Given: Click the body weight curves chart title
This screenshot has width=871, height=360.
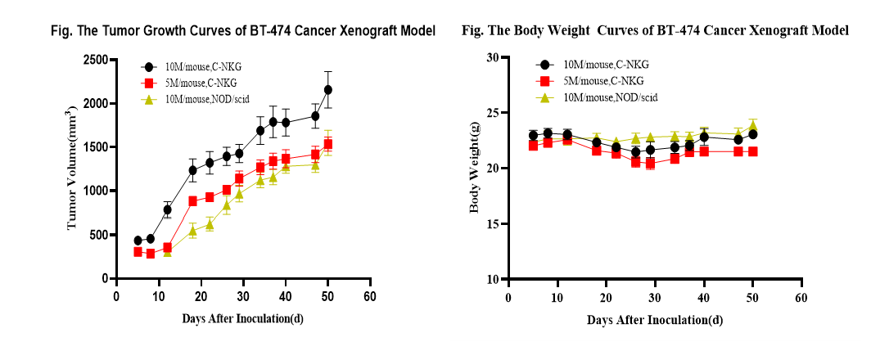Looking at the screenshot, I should [x=655, y=31].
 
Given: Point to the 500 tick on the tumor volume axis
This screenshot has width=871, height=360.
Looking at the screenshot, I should [x=99, y=235].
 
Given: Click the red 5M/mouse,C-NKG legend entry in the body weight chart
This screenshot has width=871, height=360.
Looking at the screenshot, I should [x=598, y=80].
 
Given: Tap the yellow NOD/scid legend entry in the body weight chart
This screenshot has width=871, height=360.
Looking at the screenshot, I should [x=607, y=97].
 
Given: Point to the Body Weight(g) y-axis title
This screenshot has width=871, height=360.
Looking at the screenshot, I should [x=474, y=169].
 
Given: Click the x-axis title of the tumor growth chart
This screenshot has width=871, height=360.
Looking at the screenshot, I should [x=243, y=317].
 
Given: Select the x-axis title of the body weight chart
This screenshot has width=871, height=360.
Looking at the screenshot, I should [x=655, y=319].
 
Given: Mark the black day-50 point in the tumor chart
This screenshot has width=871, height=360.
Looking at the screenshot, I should [x=327, y=89].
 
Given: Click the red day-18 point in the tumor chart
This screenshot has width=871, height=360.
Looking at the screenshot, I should [x=192, y=200].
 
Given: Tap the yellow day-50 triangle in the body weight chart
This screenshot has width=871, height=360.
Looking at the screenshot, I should [x=753, y=125].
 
